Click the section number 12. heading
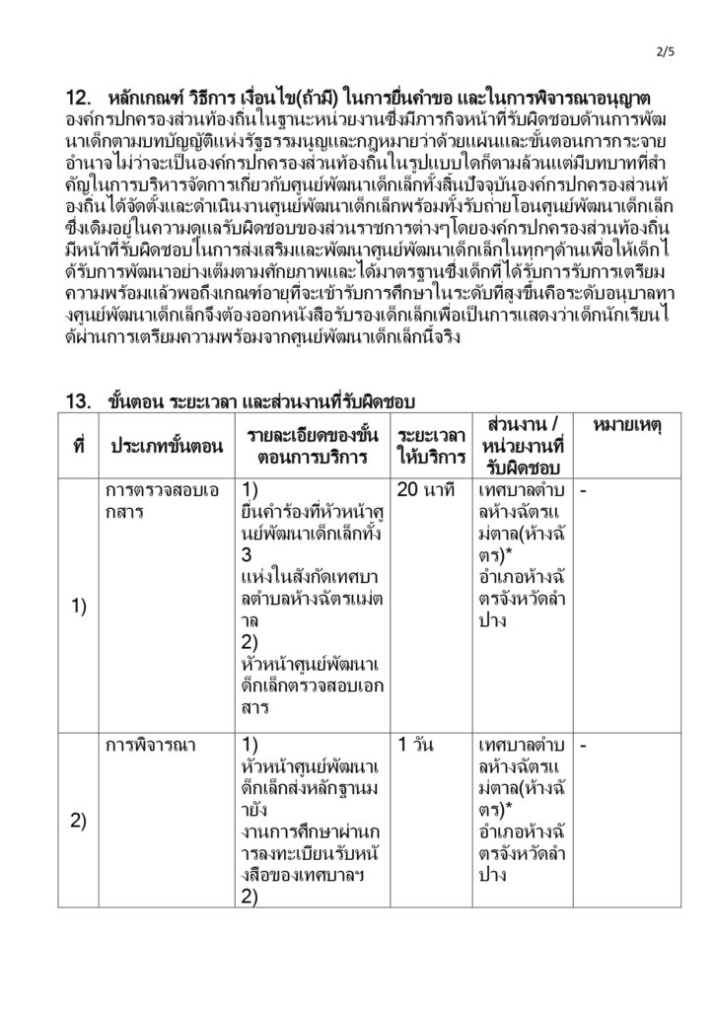coord(79,98)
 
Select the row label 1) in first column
coord(79,608)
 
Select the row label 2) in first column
coord(79,821)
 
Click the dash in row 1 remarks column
coord(584,490)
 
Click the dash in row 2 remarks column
coord(584,746)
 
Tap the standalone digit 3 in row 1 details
coord(247,555)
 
